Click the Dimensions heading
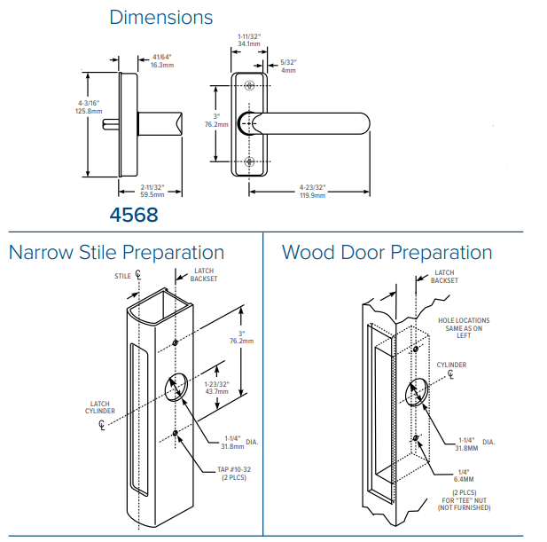pyautogui.click(x=160, y=17)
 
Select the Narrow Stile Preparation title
pyautogui.click(x=116, y=253)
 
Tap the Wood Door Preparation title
pyautogui.click(x=387, y=253)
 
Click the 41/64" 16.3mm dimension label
pyautogui.click(x=160, y=61)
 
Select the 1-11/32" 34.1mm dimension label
pyautogui.click(x=249, y=39)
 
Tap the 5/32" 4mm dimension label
pyautogui.click(x=288, y=66)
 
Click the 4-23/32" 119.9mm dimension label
pyautogui.click(x=312, y=190)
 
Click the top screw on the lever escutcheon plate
pyautogui.click(x=249, y=85)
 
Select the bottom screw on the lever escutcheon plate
pyautogui.click(x=249, y=161)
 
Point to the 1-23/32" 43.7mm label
pyautogui.click(x=217, y=388)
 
